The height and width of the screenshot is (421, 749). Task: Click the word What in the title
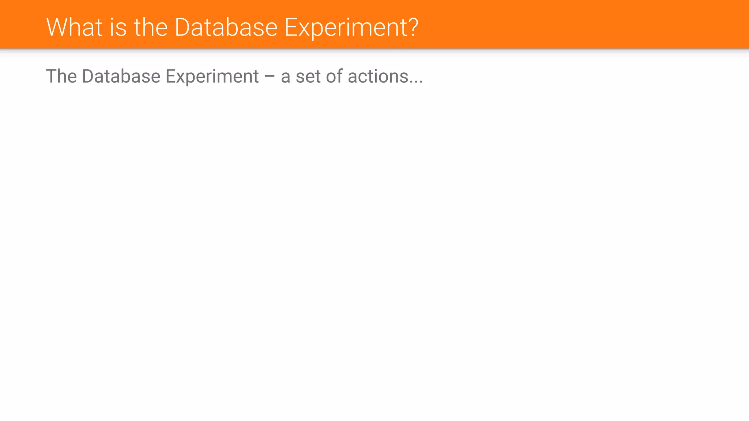[x=74, y=27]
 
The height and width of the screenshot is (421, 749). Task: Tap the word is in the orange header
[x=118, y=27]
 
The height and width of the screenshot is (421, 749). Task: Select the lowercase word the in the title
[x=151, y=27]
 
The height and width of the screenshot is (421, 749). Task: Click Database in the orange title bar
[x=226, y=27]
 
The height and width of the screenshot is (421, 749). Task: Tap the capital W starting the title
[x=56, y=27]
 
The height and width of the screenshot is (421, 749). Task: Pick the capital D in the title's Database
[x=182, y=27]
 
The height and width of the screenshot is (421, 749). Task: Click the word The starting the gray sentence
[x=61, y=76]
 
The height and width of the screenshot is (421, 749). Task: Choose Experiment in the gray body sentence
[x=212, y=77]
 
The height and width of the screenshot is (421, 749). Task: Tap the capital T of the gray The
[x=51, y=76]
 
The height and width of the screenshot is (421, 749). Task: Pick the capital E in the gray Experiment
[x=170, y=76]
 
